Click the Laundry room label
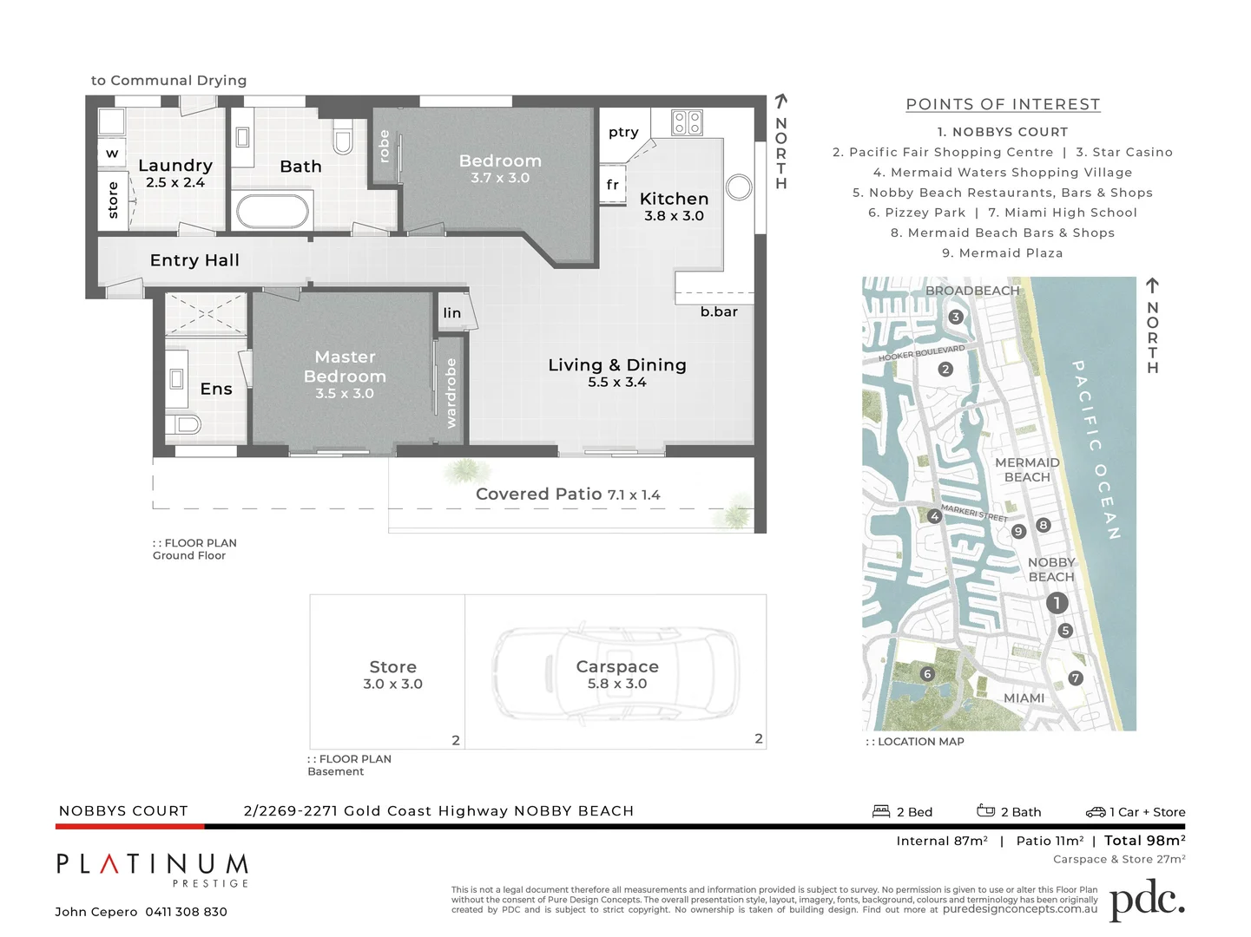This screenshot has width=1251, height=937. pyautogui.click(x=174, y=165)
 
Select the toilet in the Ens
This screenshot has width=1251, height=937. pyautogui.click(x=188, y=424)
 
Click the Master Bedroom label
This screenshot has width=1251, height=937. pyautogui.click(x=345, y=366)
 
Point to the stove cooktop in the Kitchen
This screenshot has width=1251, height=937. pyautogui.click(x=687, y=122)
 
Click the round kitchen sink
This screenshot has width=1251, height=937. pyautogui.click(x=739, y=187)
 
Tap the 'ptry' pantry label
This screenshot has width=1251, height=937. pyautogui.click(x=623, y=132)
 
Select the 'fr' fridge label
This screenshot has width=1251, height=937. pyautogui.click(x=613, y=185)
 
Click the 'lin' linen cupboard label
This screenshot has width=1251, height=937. pyautogui.click(x=452, y=313)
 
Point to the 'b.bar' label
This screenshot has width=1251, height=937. pyautogui.click(x=719, y=311)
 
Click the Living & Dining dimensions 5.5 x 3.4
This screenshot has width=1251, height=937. pyautogui.click(x=616, y=383)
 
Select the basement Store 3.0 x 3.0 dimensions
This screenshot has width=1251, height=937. pyautogui.click(x=392, y=684)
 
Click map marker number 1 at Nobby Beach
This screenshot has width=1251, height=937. pyautogui.click(x=1057, y=602)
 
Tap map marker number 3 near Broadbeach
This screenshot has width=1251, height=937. pyautogui.click(x=956, y=317)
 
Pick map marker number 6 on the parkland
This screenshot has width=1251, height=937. pyautogui.click(x=927, y=674)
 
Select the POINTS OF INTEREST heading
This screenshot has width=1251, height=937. pyautogui.click(x=1003, y=104)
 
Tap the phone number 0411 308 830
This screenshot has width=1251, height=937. pyautogui.click(x=186, y=912)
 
